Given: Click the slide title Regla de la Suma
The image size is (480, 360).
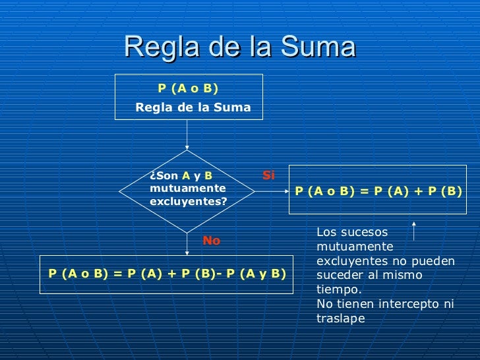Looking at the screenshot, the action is pos(239,47).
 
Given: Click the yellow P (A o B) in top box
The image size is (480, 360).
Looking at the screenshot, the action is pos(188,88).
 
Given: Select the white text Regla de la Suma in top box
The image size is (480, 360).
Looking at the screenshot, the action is pos(193,107).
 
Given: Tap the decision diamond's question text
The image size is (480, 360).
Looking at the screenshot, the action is pos(188,189).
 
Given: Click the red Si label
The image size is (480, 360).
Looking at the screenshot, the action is pos(268,175).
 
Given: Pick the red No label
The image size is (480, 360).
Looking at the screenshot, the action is pos(211,241).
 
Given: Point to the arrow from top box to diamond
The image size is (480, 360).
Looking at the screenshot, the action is pos(188,135).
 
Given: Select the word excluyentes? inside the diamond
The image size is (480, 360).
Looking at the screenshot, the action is pos(188,201).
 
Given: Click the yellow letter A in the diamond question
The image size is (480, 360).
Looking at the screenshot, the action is pos(186,176).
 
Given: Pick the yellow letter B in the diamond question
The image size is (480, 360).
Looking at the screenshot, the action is pos(208,176).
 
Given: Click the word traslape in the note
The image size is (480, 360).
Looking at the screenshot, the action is pos(340,318).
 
